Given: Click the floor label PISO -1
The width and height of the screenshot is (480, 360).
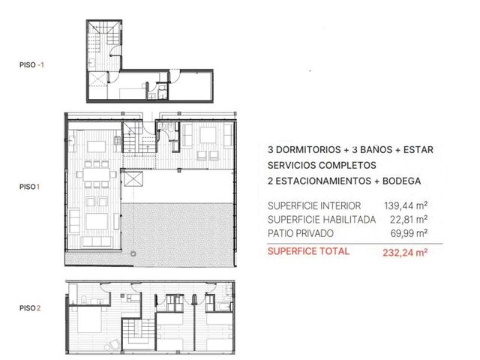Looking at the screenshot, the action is tap(31, 65).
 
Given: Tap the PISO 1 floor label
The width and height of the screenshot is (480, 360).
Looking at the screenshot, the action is tap(30, 187).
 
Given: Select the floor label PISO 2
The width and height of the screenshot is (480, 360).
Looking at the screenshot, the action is tap(30, 308).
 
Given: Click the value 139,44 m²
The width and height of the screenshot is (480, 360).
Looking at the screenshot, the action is tap(406, 205).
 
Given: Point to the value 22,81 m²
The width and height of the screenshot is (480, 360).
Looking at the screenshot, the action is tap(409, 220).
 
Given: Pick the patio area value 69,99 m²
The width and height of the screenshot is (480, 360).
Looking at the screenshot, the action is tap(409, 233).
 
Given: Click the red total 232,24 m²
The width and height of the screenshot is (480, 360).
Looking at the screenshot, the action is tap(405, 253).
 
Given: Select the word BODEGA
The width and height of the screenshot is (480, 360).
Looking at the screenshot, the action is tap(402, 181).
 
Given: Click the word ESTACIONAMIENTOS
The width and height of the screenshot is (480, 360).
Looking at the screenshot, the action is tap(323, 181).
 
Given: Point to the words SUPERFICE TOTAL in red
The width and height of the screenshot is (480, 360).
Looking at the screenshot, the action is tap(308, 251).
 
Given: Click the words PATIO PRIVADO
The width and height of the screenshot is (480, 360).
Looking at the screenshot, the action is tap(300, 233).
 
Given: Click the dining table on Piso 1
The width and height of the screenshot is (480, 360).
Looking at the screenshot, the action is tap(97, 175).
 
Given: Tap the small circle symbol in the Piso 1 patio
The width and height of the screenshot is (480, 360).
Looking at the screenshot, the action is tap(133, 253).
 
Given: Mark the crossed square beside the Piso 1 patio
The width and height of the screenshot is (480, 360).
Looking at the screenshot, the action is tap(133, 179).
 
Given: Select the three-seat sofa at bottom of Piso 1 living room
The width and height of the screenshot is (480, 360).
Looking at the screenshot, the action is tap(97, 241).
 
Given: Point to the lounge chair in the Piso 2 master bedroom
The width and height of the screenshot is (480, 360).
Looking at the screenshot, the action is tap(112, 345).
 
